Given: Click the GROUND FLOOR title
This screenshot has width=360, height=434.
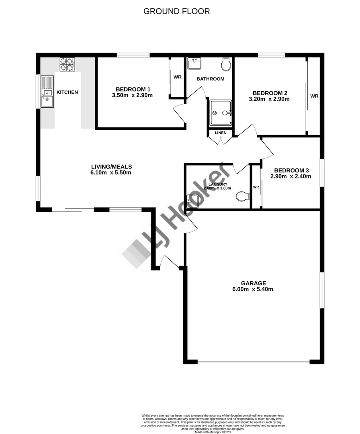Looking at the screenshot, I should point(176,11).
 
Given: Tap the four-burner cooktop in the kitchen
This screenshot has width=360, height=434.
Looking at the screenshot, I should point(67,64).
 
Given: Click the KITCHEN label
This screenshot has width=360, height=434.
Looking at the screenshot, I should point(67,92).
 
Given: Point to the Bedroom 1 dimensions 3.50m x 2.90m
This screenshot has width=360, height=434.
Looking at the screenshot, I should point(134,96).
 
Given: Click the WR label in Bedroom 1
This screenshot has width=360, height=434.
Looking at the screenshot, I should point(177,77).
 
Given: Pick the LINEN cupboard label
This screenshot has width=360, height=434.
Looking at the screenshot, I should point(221,133).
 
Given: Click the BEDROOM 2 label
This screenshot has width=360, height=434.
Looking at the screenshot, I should point(270,92).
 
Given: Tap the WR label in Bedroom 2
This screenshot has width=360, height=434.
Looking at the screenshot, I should point(314,96).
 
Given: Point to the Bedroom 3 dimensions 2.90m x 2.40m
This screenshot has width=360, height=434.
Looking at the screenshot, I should point(290,176).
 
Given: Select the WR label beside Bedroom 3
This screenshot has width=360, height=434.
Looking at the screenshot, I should point(256,187).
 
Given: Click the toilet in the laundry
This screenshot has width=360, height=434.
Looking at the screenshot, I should point(242,197).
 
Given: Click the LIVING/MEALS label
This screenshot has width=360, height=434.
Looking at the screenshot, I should point(111,166).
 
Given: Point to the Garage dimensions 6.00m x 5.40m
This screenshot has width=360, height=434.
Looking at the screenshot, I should point(253,289).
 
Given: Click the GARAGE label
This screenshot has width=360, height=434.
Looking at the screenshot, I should point(254,283).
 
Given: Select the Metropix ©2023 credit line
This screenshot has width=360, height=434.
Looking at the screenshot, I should point(213,432).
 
